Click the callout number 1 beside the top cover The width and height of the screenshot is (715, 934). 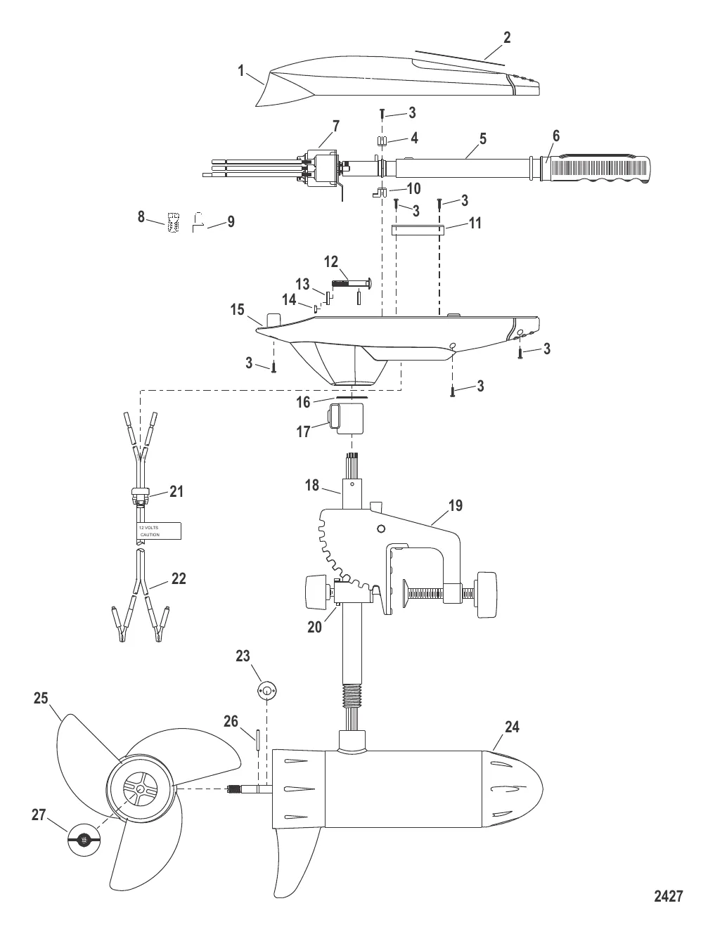coord(241,71)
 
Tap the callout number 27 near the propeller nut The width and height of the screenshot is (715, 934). coord(39,815)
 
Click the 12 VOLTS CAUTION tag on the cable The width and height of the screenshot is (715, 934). coord(158,531)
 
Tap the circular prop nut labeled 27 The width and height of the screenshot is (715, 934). coord(84,840)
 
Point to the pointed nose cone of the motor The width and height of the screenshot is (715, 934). coord(513,789)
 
